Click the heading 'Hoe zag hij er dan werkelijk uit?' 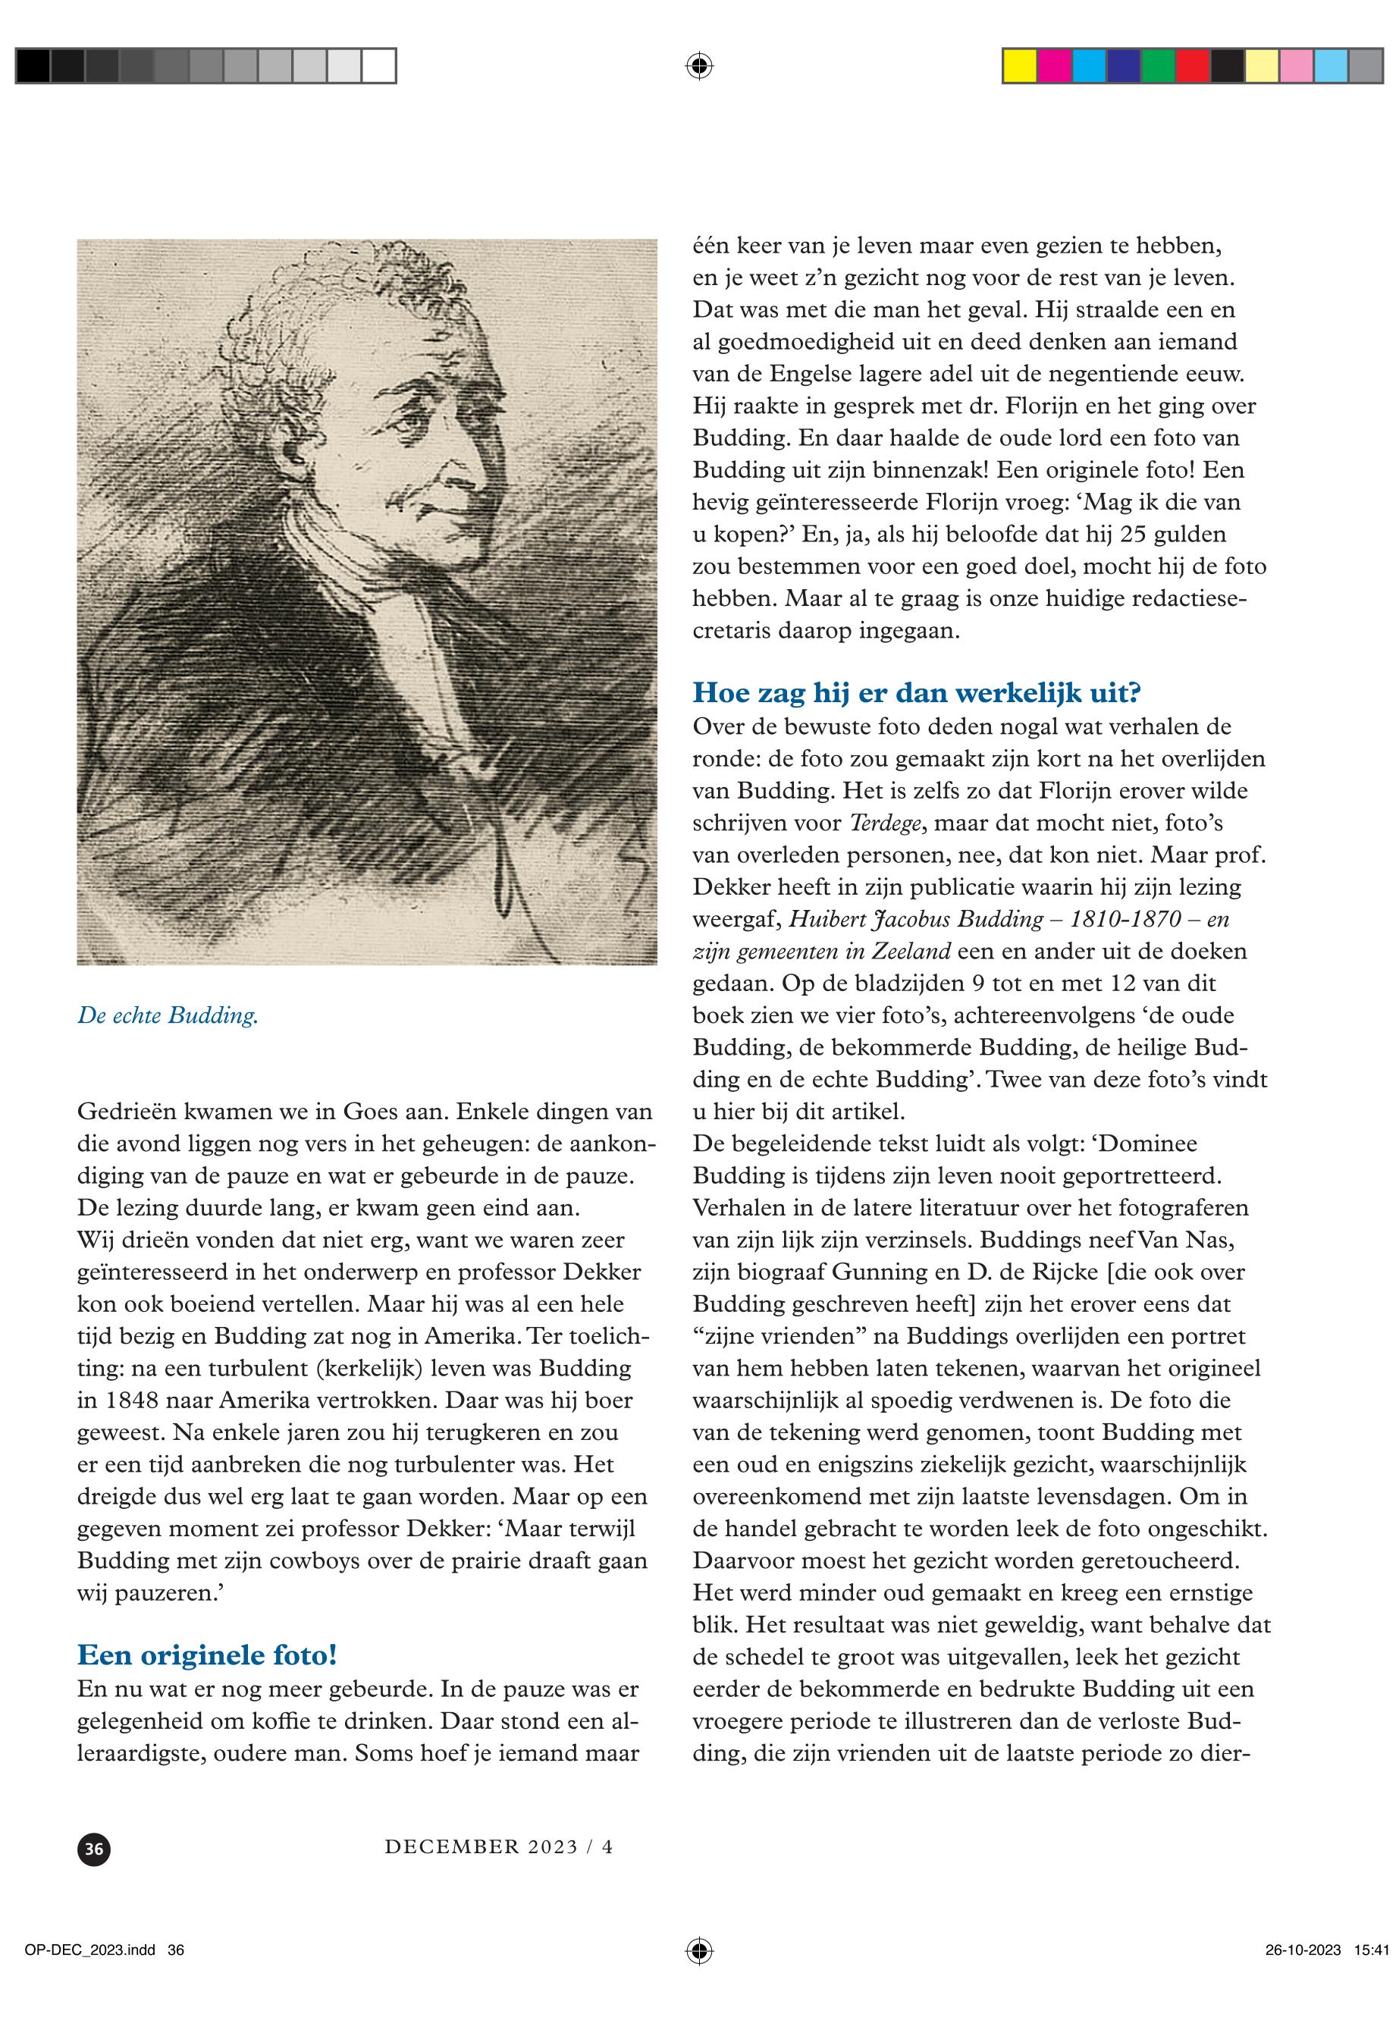917,693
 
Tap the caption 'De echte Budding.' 168,1016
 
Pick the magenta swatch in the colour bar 1055,67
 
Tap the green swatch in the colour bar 1158,67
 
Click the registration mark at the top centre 698,66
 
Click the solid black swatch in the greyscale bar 33,67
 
